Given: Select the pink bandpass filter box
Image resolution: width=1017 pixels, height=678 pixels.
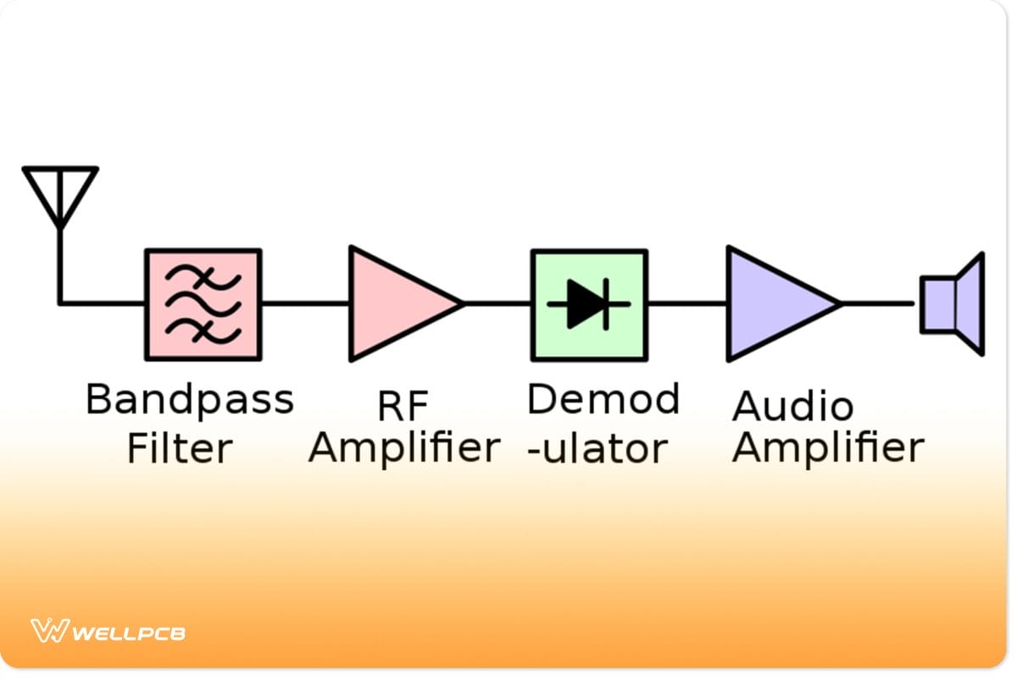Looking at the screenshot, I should (x=203, y=303).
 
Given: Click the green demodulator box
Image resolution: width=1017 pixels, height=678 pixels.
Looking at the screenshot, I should (x=589, y=303).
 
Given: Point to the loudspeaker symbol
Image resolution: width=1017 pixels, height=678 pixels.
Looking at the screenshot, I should (x=953, y=303).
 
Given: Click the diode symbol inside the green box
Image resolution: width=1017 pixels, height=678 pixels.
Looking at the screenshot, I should (x=587, y=303).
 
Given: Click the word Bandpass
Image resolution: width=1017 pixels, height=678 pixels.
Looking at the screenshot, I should (x=189, y=400).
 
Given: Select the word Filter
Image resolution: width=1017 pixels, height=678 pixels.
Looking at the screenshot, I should (x=179, y=448).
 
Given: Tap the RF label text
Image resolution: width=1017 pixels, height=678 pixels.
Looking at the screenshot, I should (x=403, y=407).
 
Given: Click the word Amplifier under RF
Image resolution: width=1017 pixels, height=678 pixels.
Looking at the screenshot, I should (x=403, y=448).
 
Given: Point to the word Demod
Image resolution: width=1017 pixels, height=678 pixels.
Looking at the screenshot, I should (x=603, y=398).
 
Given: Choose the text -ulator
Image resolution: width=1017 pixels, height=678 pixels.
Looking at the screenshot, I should (x=596, y=448).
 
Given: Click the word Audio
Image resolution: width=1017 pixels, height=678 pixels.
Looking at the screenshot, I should (x=792, y=407).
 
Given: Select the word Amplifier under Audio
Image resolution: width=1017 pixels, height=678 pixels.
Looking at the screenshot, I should (x=827, y=448).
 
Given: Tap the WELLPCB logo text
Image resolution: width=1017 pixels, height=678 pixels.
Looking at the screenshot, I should (x=129, y=633).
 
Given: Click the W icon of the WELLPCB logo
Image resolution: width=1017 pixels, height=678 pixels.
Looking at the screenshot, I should (x=49, y=631).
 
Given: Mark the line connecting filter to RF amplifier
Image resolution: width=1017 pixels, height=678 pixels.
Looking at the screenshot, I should (x=305, y=303).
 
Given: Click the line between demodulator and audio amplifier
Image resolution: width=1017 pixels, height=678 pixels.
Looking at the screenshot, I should (x=686, y=303).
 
